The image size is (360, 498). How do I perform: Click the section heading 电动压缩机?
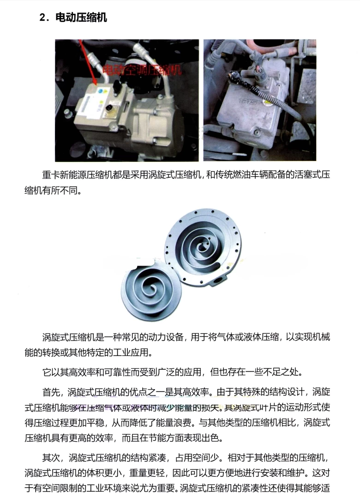pyautogui.click(x=81, y=18)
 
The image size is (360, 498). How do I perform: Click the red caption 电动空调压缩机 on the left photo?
pyautogui.click(x=141, y=71)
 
